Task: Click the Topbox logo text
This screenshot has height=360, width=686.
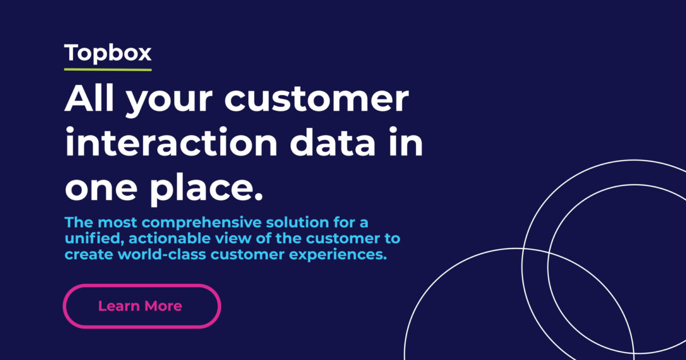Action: (108, 53)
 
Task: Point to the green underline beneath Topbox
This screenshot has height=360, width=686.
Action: (108, 70)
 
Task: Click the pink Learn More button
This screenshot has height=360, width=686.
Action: (141, 306)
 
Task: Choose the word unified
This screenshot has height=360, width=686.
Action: (90, 238)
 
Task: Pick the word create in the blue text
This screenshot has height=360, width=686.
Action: (83, 254)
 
